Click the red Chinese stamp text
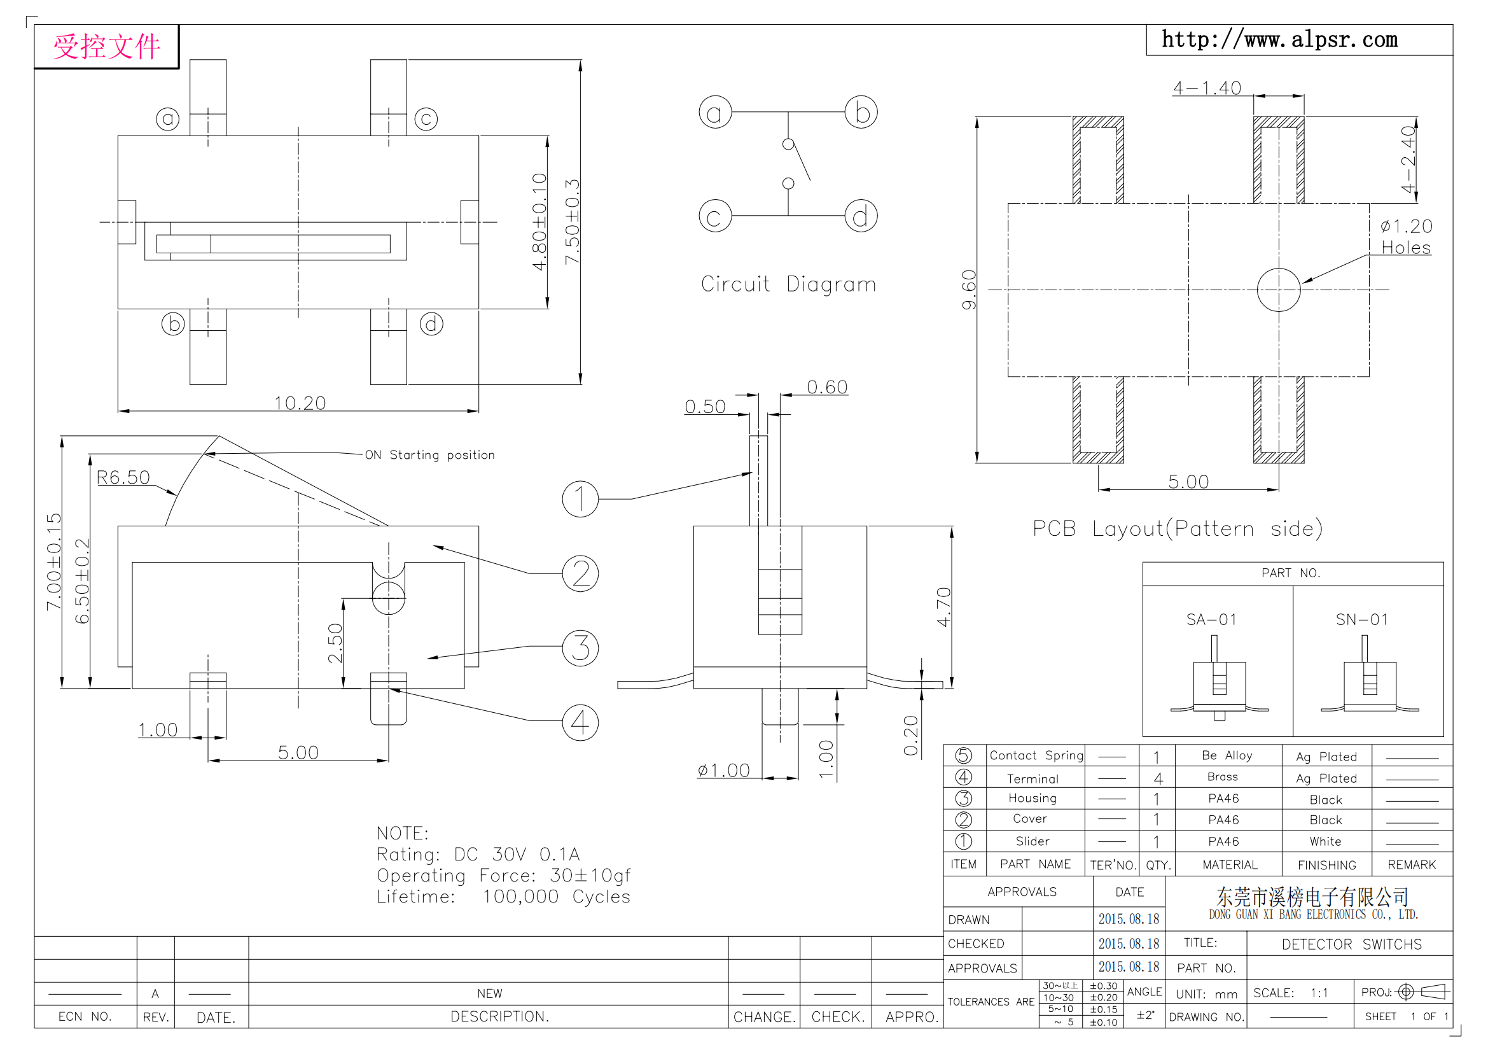coord(107,46)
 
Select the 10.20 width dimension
coord(300,403)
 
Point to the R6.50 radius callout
coord(123,477)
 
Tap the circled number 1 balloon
coord(580,499)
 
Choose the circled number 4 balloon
coord(580,723)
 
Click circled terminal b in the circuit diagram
coord(861,112)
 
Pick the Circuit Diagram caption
coord(788,284)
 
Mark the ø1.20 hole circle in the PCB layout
coord(1279,290)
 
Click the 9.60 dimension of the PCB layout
coord(968,290)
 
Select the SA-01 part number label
coord(1211,620)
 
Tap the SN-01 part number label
coord(1362,620)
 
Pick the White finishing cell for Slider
coord(1325,841)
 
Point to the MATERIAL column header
coord(1230,865)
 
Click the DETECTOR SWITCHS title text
coord(1352,944)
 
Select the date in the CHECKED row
coord(1129,943)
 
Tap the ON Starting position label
coord(429,455)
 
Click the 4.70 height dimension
coord(943,607)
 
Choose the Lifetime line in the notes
coord(504,897)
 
